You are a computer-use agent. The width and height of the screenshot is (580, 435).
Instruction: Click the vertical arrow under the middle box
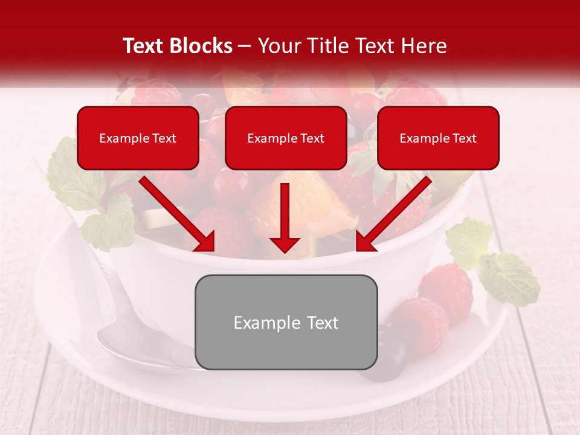285,217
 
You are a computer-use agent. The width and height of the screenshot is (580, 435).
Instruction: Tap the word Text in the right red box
463,138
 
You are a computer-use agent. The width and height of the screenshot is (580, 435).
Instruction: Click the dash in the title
245,47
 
